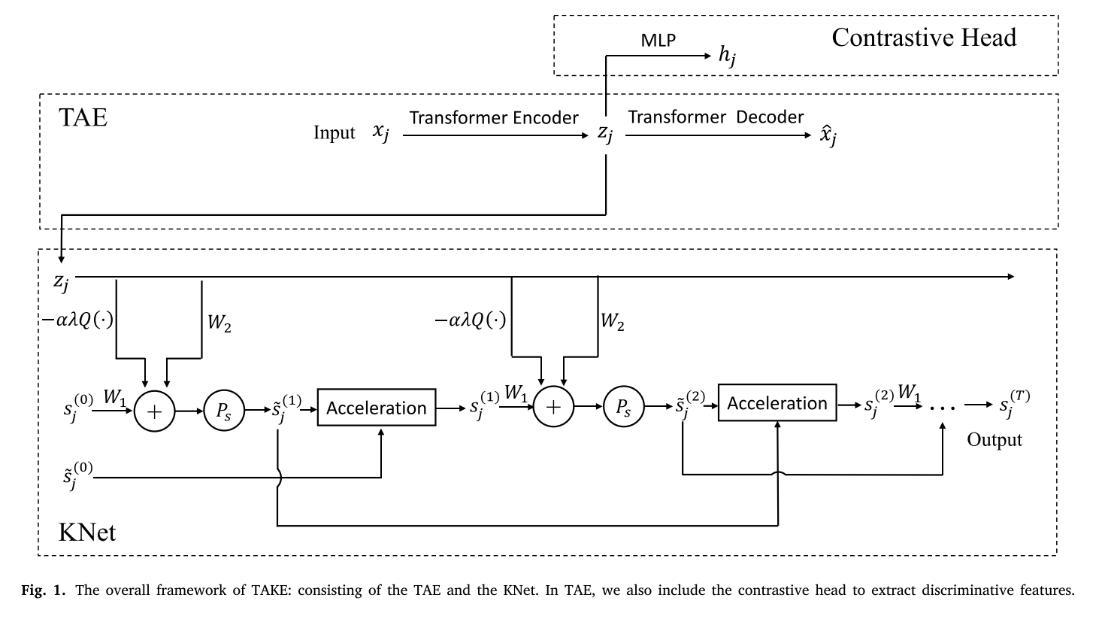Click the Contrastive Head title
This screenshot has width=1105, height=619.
923,38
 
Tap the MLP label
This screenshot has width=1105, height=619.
658,41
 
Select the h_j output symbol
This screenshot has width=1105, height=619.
727,56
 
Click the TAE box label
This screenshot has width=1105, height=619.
83,118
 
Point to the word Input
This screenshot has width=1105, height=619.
334,133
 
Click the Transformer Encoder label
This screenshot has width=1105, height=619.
494,118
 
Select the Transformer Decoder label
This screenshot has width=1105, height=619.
716,117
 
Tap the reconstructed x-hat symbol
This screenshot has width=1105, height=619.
828,136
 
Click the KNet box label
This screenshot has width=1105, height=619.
87,533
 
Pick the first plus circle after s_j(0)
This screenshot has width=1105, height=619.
154,411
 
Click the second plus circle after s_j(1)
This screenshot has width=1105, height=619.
553,407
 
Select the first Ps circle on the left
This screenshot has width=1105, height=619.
224,411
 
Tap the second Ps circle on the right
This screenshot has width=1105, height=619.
623,407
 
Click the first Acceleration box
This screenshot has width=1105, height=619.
377,408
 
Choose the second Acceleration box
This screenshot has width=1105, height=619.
777,403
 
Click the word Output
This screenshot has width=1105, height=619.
994,440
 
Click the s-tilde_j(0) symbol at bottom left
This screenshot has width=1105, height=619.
76,477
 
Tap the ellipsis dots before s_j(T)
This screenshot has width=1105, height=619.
942,407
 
